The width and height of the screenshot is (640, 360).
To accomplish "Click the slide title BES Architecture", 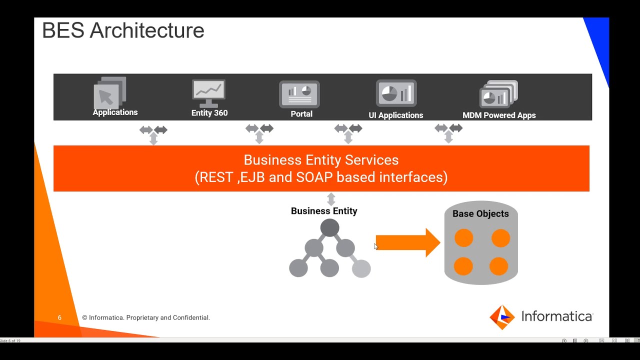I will point(123,31).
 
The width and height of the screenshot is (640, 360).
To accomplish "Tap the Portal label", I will point(301,114).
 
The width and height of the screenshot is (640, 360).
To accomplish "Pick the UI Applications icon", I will point(396,93).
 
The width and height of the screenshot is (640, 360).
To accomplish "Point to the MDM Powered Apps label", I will point(499,115).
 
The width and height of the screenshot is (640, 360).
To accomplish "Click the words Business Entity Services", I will point(321,160).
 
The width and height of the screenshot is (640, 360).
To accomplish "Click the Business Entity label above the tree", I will point(324,211).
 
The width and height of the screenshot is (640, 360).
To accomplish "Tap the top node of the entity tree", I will point(329,228).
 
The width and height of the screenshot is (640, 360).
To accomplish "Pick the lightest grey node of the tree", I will point(361,268).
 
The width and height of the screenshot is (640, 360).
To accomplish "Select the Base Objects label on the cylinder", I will point(480,214).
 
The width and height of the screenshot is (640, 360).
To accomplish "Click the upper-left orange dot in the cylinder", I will point(463,238).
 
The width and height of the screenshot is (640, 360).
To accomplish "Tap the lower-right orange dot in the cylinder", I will point(499,266).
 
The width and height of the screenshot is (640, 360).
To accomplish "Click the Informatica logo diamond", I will point(501,317).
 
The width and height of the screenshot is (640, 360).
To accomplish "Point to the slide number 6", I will point(59,317).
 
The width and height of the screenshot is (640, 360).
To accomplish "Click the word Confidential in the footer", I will point(191,317).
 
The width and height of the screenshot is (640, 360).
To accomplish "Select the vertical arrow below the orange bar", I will point(331,199).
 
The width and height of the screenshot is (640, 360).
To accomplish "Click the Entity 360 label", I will point(209,113).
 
